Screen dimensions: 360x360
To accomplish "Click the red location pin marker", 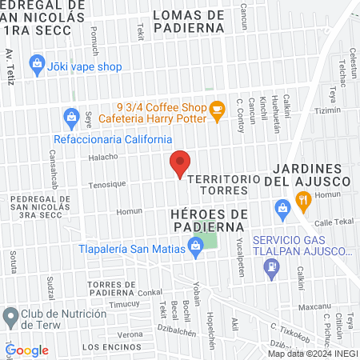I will click(180, 164).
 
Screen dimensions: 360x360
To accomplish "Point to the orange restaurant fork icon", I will click(302, 202).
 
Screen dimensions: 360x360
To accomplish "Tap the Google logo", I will click(26, 350).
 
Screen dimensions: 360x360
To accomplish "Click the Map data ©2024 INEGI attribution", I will click(312, 353).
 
